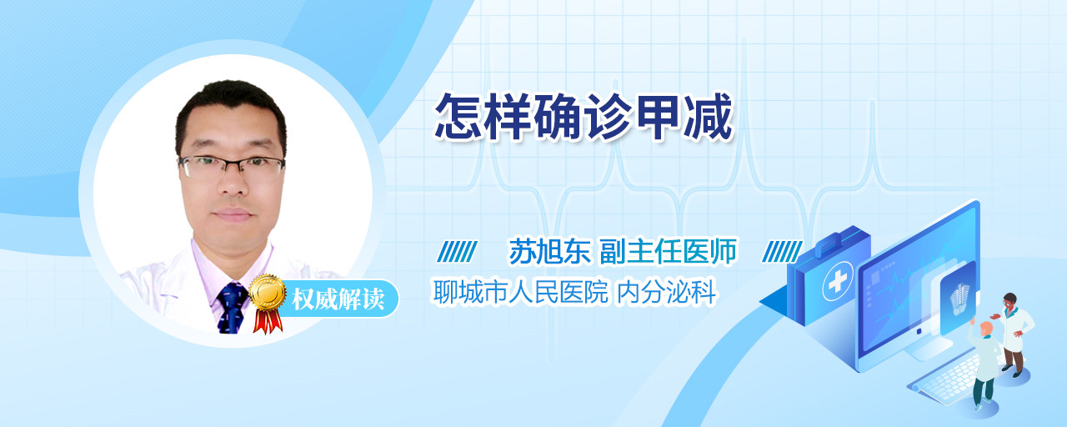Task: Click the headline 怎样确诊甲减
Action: pyautogui.click(x=584, y=117)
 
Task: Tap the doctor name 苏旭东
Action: pyautogui.click(x=549, y=251)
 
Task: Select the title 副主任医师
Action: pyautogui.click(x=668, y=251)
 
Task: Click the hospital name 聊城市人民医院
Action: pyautogui.click(x=521, y=292)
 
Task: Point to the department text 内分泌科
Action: pyautogui.click(x=666, y=292)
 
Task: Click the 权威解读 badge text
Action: pyautogui.click(x=338, y=299)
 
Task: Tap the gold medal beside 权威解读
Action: pyautogui.click(x=268, y=292)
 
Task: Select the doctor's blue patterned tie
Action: pyautogui.click(x=232, y=308)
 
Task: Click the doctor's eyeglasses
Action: pyautogui.click(x=232, y=166)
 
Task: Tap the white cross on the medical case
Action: pyautogui.click(x=837, y=282)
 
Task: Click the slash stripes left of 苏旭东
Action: pyautogui.click(x=457, y=252)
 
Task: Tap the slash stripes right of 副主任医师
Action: pyautogui.click(x=782, y=252)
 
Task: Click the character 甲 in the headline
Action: pyautogui.click(x=658, y=117)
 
